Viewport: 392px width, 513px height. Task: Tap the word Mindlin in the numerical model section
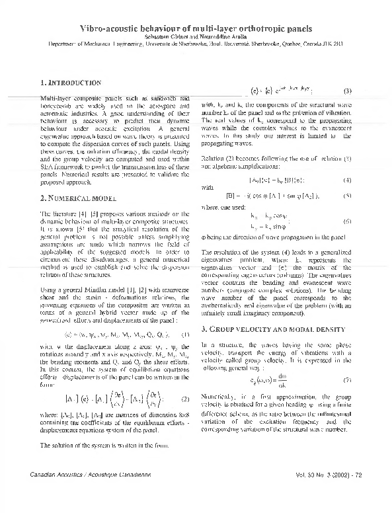(x=97, y=272)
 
